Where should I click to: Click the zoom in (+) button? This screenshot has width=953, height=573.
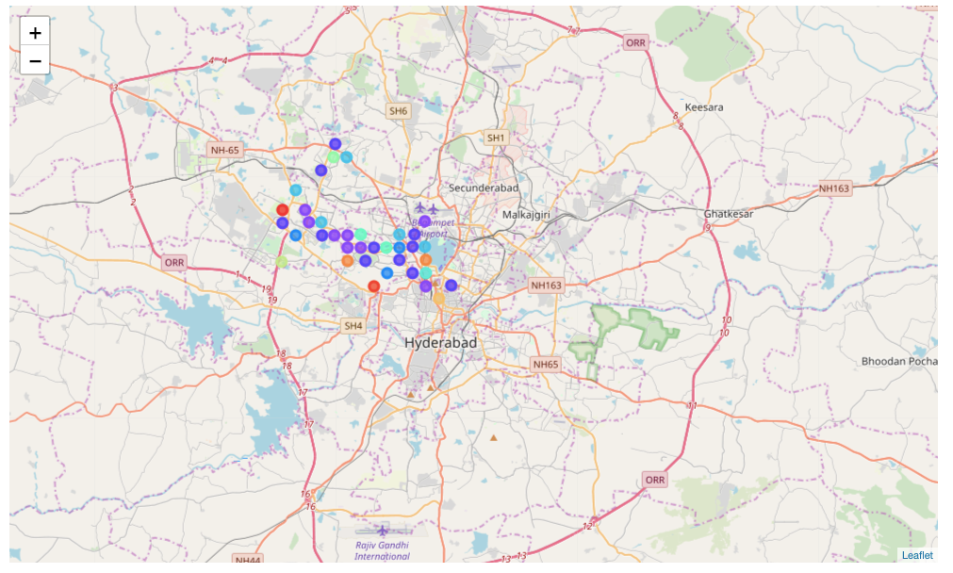[x=35, y=32]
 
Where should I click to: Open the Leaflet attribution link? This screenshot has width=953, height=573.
[x=916, y=555]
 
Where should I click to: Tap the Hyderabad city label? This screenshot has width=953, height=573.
[x=441, y=343]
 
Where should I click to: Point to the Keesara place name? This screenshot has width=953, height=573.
[x=704, y=107]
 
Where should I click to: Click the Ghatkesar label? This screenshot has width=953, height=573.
[x=730, y=214]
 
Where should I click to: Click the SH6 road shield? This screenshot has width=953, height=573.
[x=399, y=111]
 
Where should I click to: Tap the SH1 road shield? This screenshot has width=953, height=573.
[x=496, y=138]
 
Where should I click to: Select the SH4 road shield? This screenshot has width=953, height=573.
[x=353, y=326]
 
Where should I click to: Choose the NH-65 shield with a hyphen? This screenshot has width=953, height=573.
[x=225, y=149]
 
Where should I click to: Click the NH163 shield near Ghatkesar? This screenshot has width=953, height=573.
[x=833, y=188]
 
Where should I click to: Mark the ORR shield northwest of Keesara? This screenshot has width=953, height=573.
[x=636, y=42]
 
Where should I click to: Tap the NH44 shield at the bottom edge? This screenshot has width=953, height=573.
[x=248, y=560]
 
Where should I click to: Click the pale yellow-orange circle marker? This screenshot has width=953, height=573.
[x=438, y=299]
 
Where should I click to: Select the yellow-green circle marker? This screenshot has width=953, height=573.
[x=282, y=261]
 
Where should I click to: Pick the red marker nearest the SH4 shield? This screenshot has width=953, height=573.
[x=374, y=286]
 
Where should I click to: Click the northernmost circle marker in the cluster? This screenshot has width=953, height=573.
[x=336, y=144]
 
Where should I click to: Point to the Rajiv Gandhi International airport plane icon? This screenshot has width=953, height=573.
[x=382, y=532]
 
